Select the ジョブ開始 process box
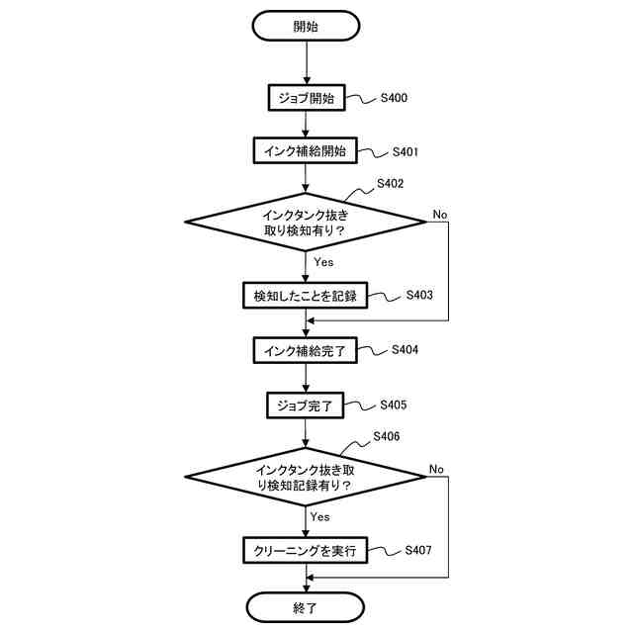(307, 98)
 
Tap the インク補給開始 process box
(307, 151)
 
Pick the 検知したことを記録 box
(307, 296)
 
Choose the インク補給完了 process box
(307, 350)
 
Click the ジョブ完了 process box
(307, 405)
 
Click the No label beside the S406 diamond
(437, 468)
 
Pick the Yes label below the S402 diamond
(323, 262)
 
